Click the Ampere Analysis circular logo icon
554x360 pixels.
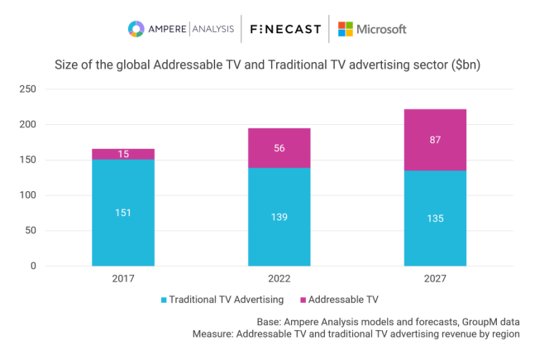(x=136, y=29)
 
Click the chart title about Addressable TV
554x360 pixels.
(x=273, y=65)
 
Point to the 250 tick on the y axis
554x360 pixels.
(x=27, y=89)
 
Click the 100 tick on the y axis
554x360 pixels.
(x=27, y=195)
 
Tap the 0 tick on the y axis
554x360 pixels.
(x=33, y=266)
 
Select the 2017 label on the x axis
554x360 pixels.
(x=122, y=281)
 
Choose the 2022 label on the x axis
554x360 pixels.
(x=279, y=281)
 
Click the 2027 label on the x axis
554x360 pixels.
(x=435, y=281)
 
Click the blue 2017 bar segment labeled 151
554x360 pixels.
(x=122, y=213)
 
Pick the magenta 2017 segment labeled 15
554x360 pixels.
(x=122, y=154)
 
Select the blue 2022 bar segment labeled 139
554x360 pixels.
(x=279, y=217)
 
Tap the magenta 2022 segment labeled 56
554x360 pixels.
(x=279, y=148)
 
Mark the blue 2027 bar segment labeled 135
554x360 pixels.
(x=435, y=218)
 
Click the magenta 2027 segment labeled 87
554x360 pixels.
(x=435, y=140)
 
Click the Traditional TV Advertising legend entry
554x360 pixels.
(x=221, y=299)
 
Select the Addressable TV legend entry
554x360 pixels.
(x=342, y=299)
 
